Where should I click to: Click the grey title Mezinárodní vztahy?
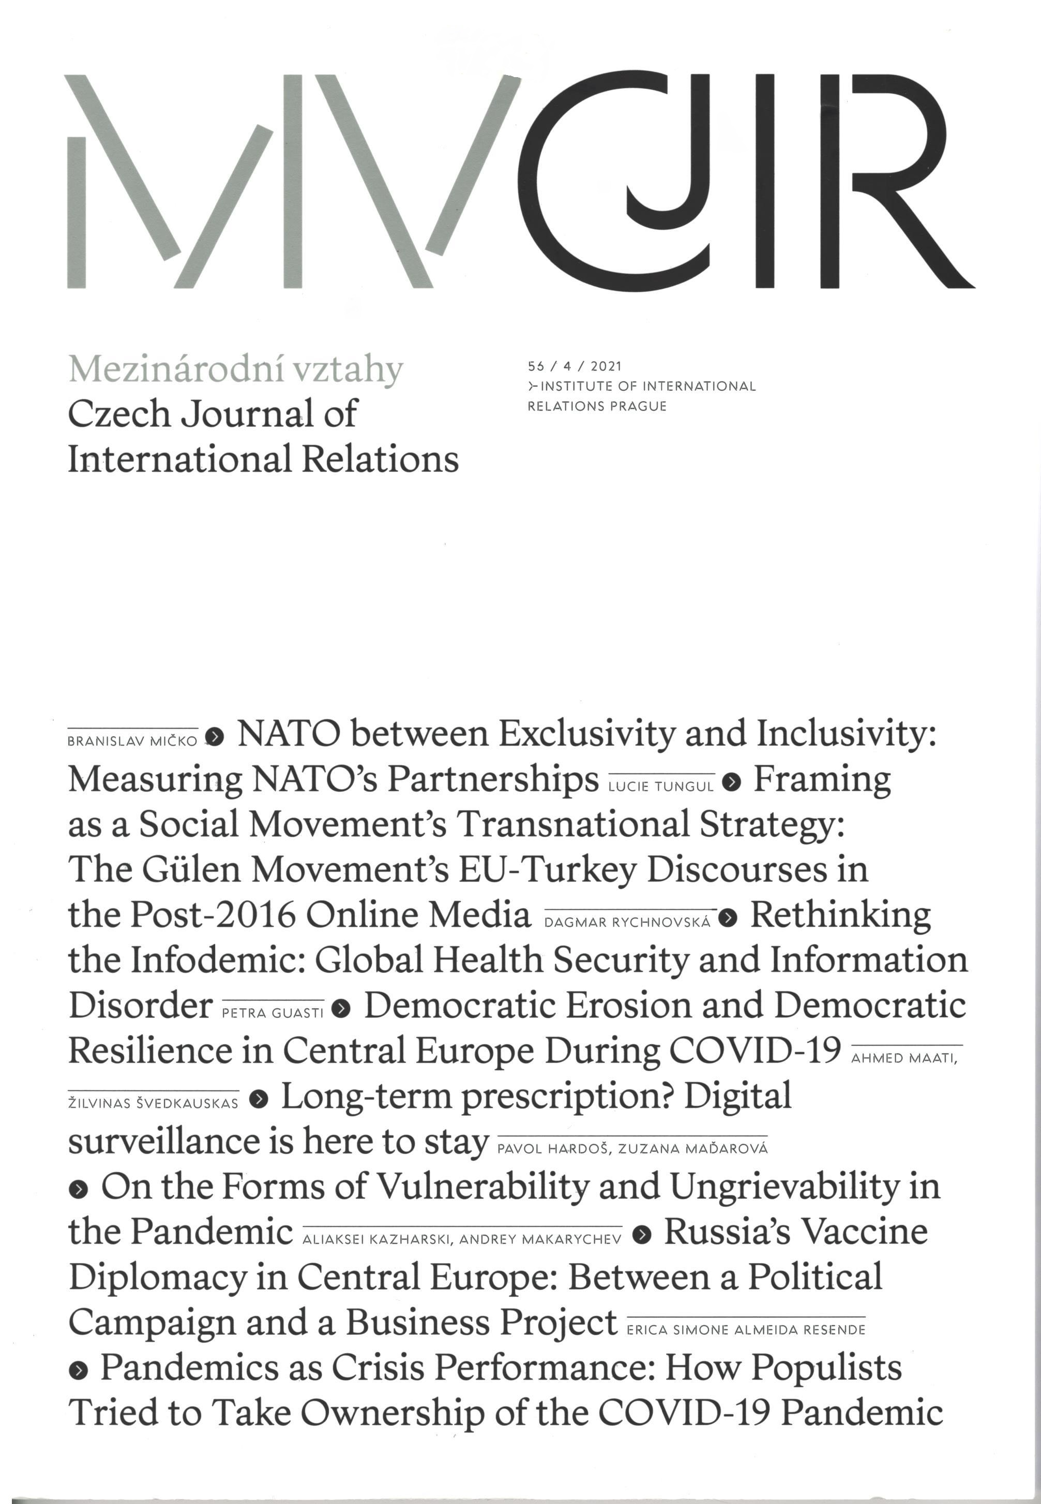pos(235,370)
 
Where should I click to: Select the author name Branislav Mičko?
pos(132,741)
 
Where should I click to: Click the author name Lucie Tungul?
pos(661,787)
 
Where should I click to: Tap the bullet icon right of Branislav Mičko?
pos(215,737)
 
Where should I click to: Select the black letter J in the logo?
pos(666,150)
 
